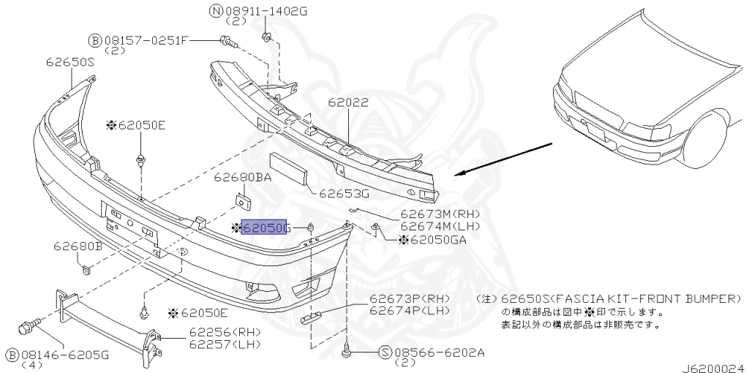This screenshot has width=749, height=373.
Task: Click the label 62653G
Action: click(345, 194)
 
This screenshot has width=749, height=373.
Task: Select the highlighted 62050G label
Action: click(265, 228)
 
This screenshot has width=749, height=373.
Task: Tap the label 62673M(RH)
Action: click(438, 215)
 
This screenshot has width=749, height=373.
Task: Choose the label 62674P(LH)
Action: click(408, 311)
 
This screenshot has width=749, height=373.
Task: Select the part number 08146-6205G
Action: click(66, 355)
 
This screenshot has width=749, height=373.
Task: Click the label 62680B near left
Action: click(77, 247)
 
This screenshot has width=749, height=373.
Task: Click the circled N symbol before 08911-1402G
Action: click(216, 12)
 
